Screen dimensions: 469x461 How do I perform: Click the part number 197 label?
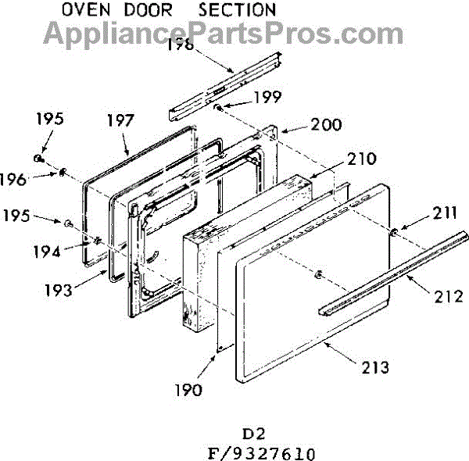click(121, 121)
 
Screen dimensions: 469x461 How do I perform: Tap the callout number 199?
click(267, 97)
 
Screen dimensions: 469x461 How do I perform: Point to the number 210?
click(361, 159)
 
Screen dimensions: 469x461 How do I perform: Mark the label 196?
click(34, 179)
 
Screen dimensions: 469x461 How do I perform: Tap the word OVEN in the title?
click(87, 10)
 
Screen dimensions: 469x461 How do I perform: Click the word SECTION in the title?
click(237, 10)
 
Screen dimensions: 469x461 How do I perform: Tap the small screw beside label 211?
click(395, 230)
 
